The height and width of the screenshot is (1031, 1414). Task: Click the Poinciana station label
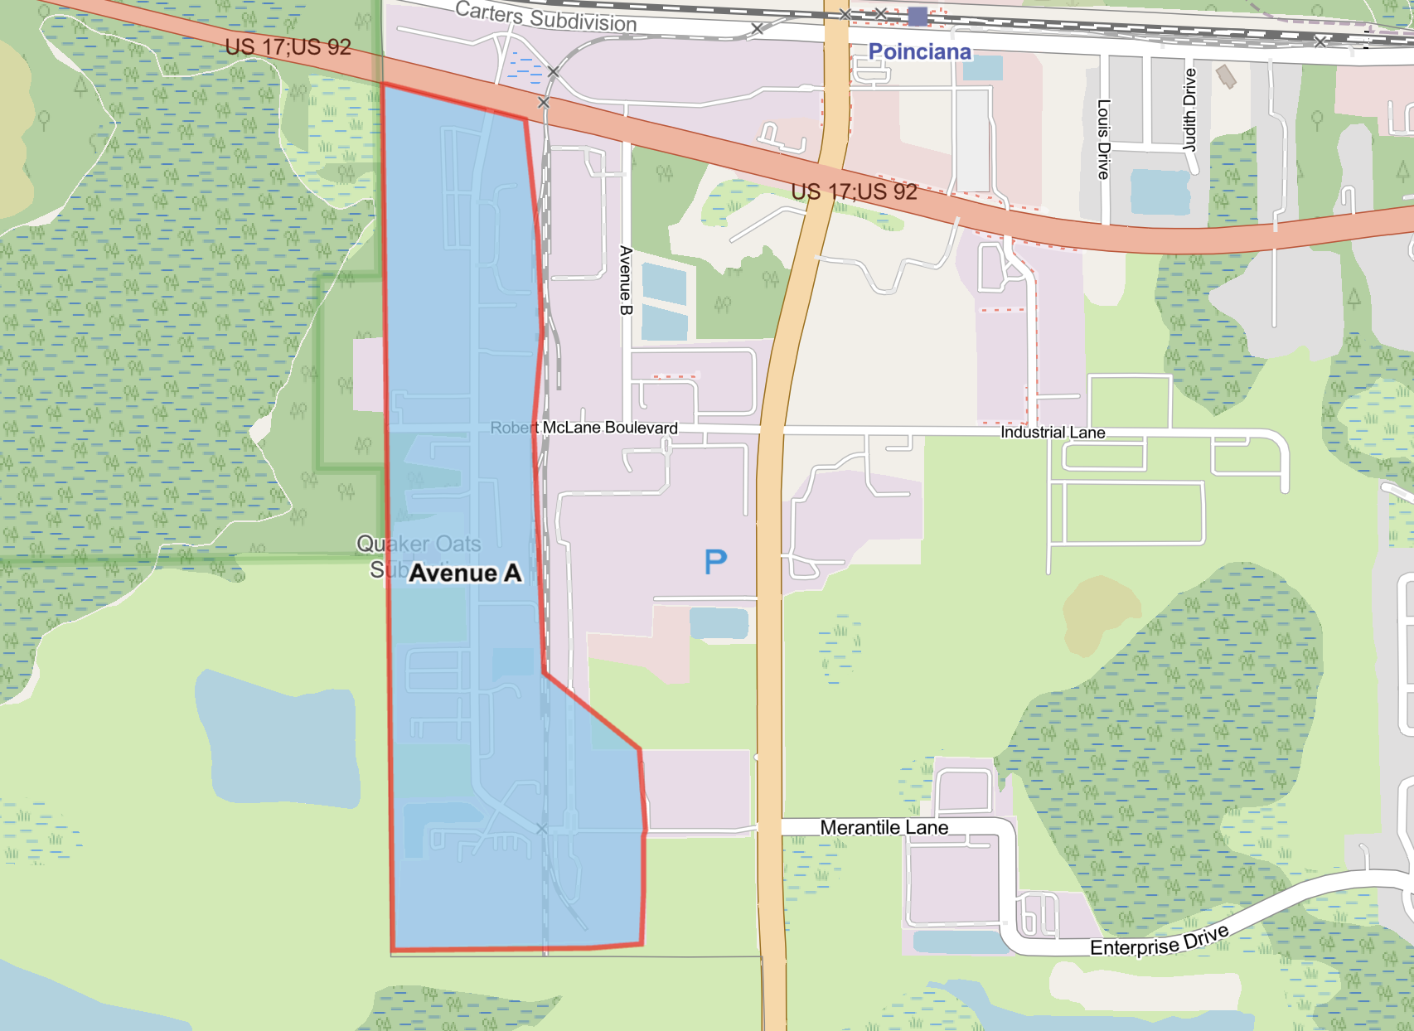tap(919, 52)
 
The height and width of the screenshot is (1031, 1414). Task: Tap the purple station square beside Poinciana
tap(918, 16)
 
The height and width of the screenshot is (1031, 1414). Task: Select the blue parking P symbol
tap(715, 563)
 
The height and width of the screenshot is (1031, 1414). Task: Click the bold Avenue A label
tap(465, 574)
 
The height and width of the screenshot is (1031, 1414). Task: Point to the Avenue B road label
tap(626, 280)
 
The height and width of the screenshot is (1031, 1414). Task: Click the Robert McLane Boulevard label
tap(584, 428)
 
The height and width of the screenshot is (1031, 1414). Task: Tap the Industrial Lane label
tap(1053, 433)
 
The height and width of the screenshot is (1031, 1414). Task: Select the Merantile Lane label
tap(884, 827)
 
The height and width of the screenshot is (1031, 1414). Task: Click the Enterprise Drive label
tap(1159, 941)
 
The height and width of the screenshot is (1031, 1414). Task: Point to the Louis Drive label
tap(1103, 139)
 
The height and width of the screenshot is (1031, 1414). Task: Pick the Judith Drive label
tap(1190, 109)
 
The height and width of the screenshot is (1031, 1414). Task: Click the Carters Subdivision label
tap(546, 17)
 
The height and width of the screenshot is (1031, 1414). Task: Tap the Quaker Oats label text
tap(419, 544)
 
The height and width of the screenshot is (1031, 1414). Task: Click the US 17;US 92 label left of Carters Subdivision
tap(288, 47)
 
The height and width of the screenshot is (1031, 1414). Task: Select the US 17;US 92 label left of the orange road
tap(854, 192)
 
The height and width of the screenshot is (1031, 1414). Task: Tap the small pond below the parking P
tap(719, 622)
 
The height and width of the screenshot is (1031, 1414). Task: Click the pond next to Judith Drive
tap(1160, 191)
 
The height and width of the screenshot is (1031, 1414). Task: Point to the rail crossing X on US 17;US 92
tap(544, 103)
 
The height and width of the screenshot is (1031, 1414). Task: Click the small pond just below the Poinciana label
tap(983, 68)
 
